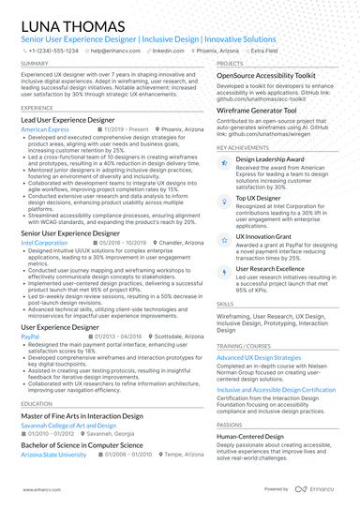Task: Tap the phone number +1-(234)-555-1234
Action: point(55,51)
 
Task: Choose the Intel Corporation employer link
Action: point(44,242)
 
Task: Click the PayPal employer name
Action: point(30,335)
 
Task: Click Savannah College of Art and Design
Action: point(63,425)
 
